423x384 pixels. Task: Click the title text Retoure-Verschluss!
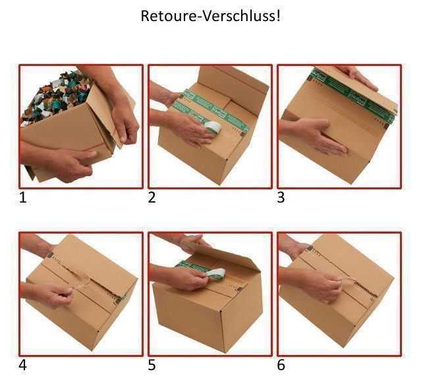click(x=210, y=16)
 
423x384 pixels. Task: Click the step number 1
click(x=23, y=197)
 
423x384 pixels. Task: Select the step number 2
click(x=152, y=197)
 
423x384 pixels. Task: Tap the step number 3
click(x=281, y=197)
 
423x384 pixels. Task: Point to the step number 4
click(x=23, y=365)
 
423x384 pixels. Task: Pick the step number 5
click(x=152, y=365)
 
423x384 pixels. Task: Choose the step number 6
click(x=281, y=365)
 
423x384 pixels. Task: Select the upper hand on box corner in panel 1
click(x=122, y=119)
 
